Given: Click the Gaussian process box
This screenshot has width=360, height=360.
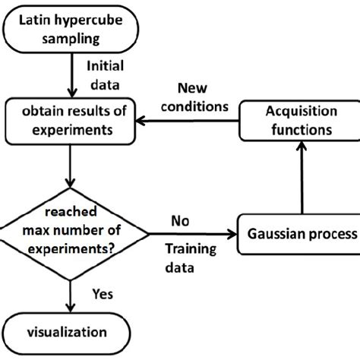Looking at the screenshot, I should pyautogui.click(x=299, y=234).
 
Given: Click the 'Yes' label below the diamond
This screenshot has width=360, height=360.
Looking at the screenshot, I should pyautogui.click(x=102, y=293).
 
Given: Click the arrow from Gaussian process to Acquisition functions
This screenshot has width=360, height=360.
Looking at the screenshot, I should pyautogui.click(x=302, y=178).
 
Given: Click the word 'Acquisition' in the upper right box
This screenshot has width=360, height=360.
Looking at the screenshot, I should pyautogui.click(x=298, y=112).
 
